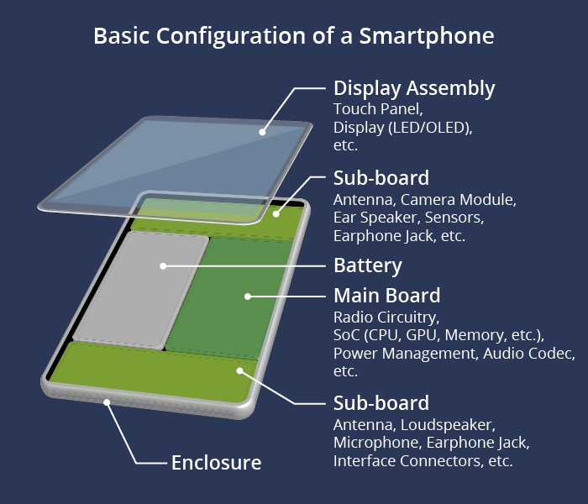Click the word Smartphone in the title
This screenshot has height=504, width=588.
tap(427, 36)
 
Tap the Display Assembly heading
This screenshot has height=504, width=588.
tap(414, 88)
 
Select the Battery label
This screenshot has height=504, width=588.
tap(368, 265)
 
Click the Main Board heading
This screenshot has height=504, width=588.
tap(387, 296)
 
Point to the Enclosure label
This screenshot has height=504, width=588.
tap(217, 462)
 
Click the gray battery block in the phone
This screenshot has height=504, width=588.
tap(140, 291)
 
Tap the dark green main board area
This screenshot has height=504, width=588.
tap(228, 298)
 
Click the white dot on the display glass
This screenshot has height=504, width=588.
tap(262, 132)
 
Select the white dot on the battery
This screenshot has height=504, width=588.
tap(163, 266)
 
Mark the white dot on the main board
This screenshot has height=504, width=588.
tap(248, 297)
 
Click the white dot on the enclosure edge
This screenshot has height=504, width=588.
tap(107, 402)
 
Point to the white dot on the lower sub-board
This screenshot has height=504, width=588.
tap(240, 371)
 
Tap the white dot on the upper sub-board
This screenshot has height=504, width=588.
tap(276, 214)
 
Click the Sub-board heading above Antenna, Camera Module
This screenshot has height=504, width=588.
tap(381, 178)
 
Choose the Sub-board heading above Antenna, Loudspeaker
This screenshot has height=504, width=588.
tap(381, 403)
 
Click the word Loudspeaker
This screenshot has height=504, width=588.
tap(448, 425)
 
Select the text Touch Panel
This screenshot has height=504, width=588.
tap(378, 109)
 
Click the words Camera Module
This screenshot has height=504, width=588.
tap(459, 200)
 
